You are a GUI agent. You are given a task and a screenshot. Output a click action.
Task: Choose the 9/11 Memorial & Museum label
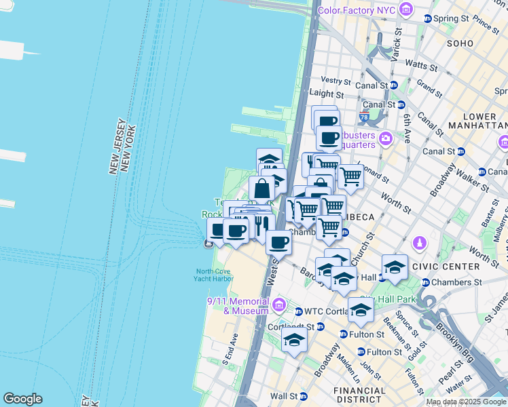pyautogui.click(x=237, y=306)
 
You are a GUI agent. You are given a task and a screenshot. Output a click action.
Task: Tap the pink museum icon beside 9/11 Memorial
pyautogui.click(x=278, y=307)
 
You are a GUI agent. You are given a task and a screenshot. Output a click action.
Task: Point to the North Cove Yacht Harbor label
pyautogui.click(x=211, y=274)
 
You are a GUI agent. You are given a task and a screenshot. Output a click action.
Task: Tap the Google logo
pyautogui.click(x=22, y=399)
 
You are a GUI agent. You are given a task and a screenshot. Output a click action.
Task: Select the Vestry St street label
pyautogui.click(x=336, y=81)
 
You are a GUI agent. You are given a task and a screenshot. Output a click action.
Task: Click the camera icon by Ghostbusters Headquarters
pyautogui.click(x=386, y=138)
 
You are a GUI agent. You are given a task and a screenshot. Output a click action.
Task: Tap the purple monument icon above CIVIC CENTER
pyautogui.click(x=420, y=243)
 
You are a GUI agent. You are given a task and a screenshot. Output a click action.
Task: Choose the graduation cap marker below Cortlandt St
pyautogui.click(x=294, y=341)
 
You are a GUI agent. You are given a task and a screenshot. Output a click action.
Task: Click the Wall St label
pyautogui.click(x=284, y=396)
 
